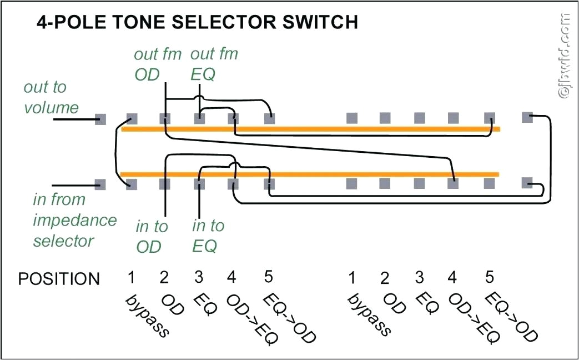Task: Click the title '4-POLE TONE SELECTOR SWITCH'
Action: coord(197,22)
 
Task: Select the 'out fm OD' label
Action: coord(148,64)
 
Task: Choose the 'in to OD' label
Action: coord(152,236)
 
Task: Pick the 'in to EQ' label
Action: coord(208,235)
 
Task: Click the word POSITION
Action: coord(59,279)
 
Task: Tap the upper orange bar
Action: coord(311,129)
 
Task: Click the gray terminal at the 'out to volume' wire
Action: coord(100,119)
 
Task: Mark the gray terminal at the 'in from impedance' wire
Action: coord(100,184)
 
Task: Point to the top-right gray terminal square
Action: coord(527,117)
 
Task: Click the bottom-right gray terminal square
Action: coord(527,183)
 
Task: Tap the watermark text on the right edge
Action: coord(565,56)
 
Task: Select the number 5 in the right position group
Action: coord(489,277)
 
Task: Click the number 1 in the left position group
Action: coord(132,277)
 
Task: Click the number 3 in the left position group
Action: coord(199,277)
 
